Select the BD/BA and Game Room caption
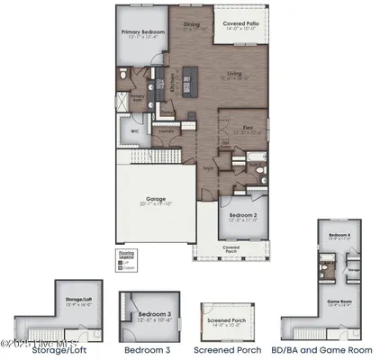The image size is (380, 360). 325,349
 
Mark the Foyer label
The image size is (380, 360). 208,167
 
